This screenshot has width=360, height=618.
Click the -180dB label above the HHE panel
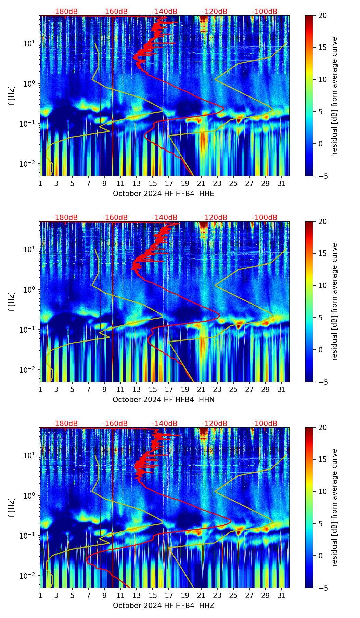coord(65,12)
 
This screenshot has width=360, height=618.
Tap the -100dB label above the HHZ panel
coord(265,424)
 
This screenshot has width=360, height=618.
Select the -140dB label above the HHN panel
coord(165,218)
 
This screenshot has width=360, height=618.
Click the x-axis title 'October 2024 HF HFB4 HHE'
coord(163,194)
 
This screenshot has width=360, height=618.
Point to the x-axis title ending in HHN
coord(163,400)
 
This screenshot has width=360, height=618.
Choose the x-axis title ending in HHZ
coord(163,606)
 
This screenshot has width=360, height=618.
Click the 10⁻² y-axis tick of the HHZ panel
coord(28,576)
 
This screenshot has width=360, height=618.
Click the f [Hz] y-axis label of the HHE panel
coord(12,96)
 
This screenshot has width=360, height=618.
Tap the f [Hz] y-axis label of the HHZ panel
coord(12,508)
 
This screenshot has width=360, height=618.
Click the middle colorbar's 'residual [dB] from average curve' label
coord(335,301)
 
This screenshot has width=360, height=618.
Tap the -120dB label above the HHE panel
coord(215,12)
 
